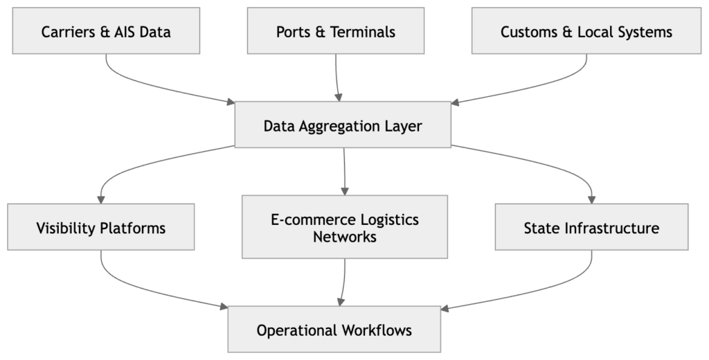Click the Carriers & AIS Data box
pos(106,32)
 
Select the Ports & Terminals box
pos(336,32)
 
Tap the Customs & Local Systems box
pos(586,32)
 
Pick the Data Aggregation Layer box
pos(343,125)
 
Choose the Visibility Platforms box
pos(100,227)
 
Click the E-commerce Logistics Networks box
pos(345,227)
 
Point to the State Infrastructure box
pos(591,227)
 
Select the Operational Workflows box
pos(334,330)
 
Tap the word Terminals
pos(363,32)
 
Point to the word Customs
pos(527,32)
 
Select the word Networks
pos(345,237)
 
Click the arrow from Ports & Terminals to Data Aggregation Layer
pos(337,76)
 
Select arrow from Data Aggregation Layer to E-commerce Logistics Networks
pos(344,170)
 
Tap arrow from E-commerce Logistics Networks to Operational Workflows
pos(343,280)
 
